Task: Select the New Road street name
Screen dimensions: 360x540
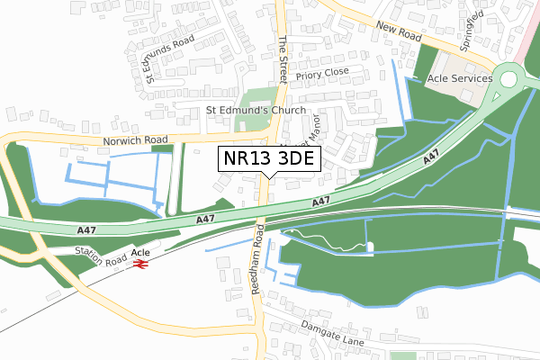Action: pos(399,33)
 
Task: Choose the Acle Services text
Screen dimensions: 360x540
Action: pos(459,78)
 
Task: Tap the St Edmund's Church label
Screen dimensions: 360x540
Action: pos(256,111)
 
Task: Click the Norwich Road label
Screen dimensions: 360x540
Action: pos(135,140)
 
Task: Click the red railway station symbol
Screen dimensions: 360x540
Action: pos(139,266)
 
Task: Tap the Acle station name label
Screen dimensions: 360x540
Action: pos(140,254)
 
